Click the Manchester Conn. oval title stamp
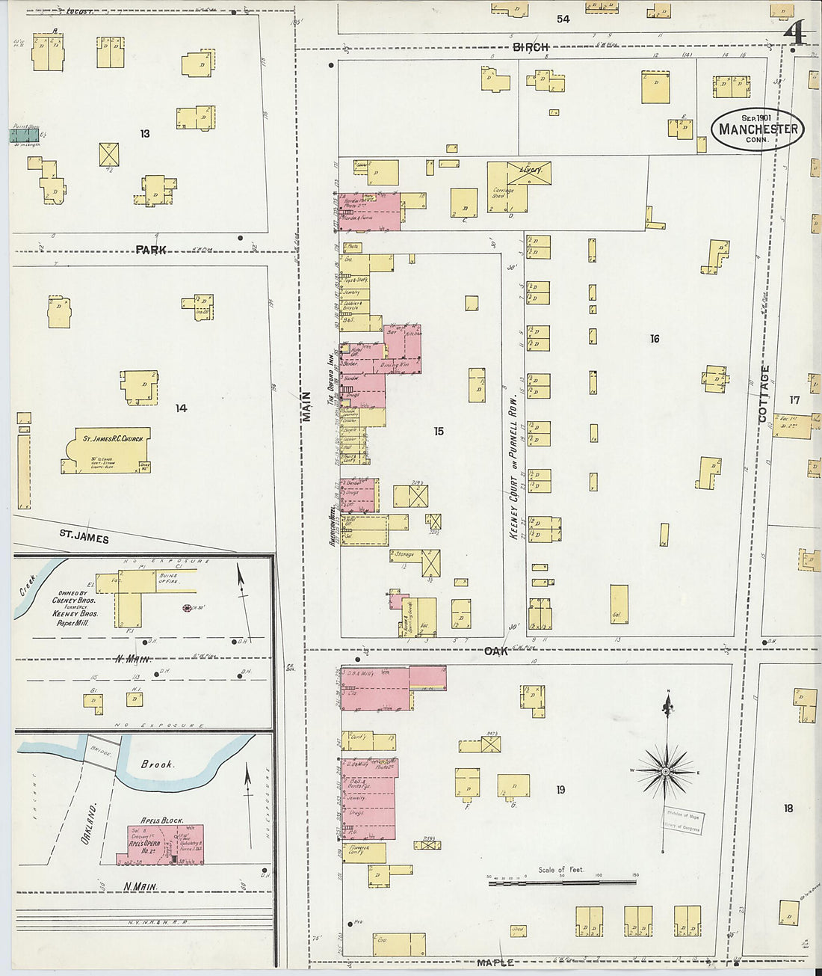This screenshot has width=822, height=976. (757, 129)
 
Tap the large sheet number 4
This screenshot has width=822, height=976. (796, 34)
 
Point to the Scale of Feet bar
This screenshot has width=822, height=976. (562, 883)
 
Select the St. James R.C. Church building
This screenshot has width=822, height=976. (107, 450)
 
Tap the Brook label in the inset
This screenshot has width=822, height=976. (157, 764)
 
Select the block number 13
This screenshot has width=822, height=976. (144, 134)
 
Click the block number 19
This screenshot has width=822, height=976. (560, 790)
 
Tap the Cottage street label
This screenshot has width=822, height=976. (764, 393)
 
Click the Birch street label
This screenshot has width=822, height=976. (531, 47)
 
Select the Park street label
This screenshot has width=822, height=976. (151, 250)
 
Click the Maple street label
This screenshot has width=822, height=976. (495, 963)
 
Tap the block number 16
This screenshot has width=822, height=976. (655, 339)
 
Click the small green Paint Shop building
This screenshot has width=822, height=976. (24, 135)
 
